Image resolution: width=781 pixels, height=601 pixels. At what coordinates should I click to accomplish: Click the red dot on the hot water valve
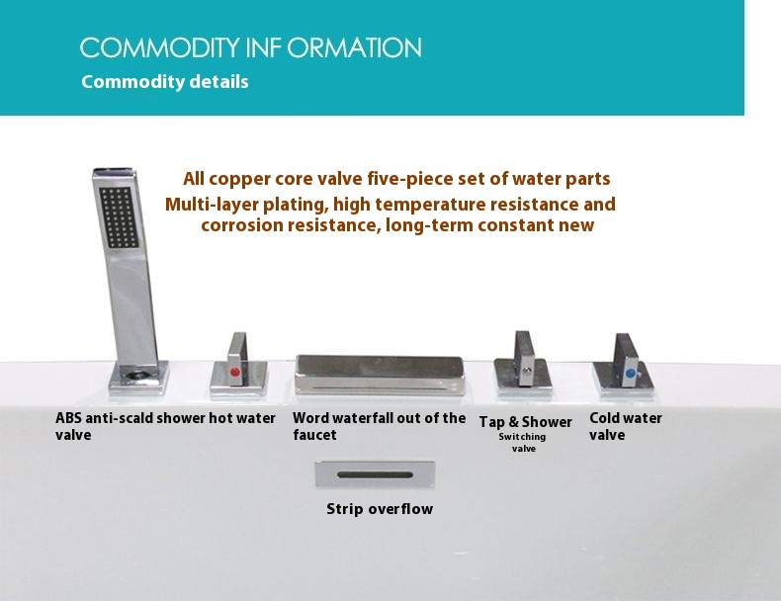(234, 372)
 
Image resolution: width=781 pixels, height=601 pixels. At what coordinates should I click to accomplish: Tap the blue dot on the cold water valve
(630, 373)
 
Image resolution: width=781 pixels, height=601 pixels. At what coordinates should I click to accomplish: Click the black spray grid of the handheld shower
(119, 217)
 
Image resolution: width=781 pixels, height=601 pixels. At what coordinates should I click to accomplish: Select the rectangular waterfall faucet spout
(380, 375)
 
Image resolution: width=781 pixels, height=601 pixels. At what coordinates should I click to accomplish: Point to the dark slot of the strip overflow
(375, 475)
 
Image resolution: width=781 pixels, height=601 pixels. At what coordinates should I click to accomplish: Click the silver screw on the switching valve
(526, 370)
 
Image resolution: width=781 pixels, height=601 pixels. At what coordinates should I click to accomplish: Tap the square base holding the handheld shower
(138, 378)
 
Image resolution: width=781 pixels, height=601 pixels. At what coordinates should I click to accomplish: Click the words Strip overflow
(380, 509)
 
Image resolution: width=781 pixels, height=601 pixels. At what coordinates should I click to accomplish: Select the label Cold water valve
(626, 426)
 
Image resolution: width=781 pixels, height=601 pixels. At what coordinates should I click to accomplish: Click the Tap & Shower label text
(526, 422)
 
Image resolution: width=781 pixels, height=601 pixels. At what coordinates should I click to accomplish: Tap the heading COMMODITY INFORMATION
(250, 47)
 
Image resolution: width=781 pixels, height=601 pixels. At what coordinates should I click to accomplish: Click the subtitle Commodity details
(165, 82)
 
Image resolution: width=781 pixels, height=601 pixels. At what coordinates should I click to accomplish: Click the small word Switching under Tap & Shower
(522, 437)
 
